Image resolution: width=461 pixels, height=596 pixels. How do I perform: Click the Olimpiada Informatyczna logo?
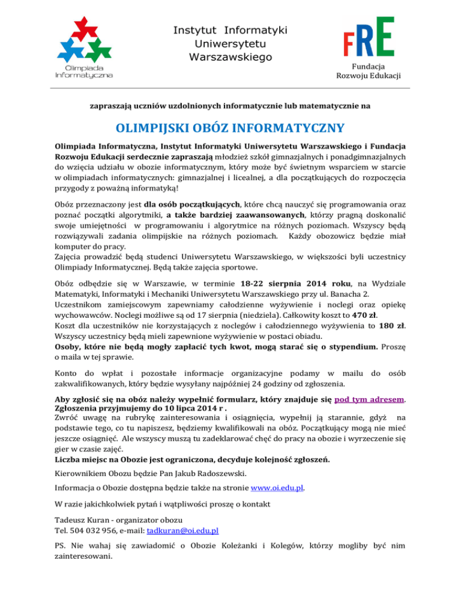(x=83, y=48)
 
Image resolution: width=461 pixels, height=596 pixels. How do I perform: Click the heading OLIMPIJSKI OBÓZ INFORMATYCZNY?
(x=230, y=128)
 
